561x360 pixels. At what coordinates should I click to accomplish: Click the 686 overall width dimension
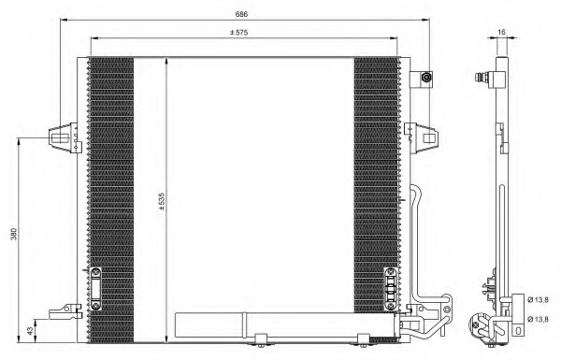(x=241, y=14)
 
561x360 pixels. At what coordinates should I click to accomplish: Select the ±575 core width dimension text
(x=239, y=33)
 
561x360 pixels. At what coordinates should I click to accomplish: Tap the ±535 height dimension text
(x=162, y=201)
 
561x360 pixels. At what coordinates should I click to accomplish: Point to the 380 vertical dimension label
(x=14, y=234)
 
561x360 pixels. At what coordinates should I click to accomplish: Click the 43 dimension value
(x=31, y=331)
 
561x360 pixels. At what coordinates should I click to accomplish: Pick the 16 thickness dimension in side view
(x=501, y=32)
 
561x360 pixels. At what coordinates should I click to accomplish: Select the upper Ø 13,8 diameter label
(x=538, y=300)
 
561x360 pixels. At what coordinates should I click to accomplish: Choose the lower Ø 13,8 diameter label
(x=538, y=319)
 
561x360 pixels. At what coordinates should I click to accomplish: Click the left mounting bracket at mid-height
(x=65, y=137)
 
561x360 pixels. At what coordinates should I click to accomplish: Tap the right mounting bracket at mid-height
(x=421, y=138)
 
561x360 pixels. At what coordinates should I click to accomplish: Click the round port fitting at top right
(x=425, y=78)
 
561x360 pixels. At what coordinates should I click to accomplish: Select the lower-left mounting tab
(x=65, y=312)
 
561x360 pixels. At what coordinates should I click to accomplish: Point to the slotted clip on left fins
(x=95, y=288)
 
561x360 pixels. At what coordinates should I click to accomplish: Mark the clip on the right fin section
(x=391, y=288)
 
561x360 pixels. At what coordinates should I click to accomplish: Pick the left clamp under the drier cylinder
(x=261, y=340)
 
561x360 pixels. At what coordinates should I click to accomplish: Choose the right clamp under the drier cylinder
(x=364, y=340)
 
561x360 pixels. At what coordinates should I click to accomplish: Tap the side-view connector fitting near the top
(x=490, y=78)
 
